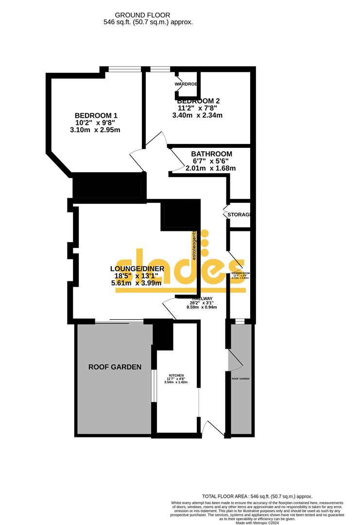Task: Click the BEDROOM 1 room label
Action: (96, 115)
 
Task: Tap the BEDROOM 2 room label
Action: (198, 101)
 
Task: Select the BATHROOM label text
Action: (211, 154)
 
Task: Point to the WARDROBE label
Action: (186, 84)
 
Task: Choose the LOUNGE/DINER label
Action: (137, 268)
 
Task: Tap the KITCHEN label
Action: (176, 376)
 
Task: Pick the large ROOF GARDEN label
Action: (115, 367)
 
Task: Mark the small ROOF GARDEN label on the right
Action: (240, 378)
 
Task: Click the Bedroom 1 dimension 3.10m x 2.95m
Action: (95, 130)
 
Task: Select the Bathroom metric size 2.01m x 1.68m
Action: (211, 168)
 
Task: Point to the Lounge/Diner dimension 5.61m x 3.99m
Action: (137, 283)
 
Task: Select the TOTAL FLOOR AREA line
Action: (257, 496)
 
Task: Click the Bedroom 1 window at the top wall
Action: (124, 69)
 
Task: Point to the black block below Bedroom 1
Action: (109, 185)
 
